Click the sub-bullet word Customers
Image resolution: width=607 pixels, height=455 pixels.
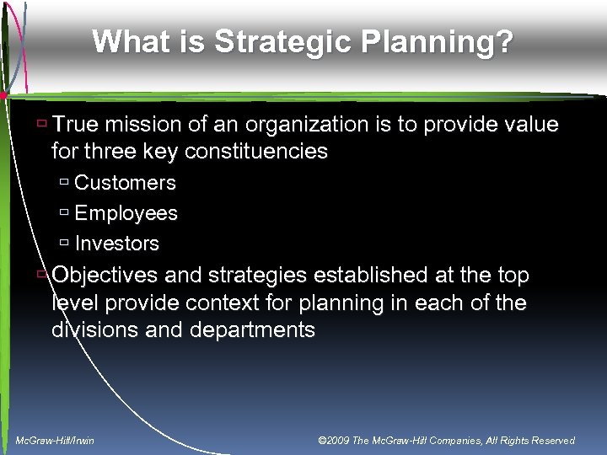pos(125,183)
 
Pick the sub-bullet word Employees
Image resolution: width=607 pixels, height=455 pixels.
pos(126,213)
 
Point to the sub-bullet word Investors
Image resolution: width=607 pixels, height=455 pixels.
pos(116,244)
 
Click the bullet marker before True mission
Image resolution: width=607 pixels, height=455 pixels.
pos(41,123)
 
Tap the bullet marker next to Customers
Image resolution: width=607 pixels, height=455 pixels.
pos(65,182)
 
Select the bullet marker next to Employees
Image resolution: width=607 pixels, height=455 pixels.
pos(65,212)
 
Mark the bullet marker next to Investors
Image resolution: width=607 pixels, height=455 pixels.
pos(65,243)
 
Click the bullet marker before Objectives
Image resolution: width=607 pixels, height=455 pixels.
pos(41,274)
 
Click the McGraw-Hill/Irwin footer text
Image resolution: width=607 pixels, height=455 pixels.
pos(55,440)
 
